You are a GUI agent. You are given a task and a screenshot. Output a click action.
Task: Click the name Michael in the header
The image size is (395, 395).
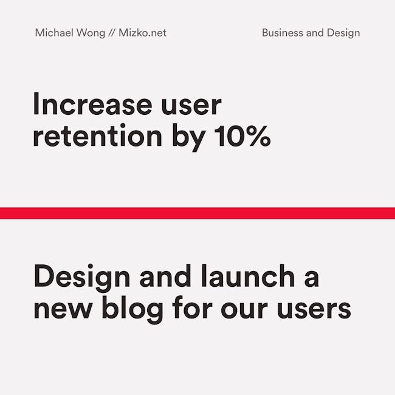coord(54,33)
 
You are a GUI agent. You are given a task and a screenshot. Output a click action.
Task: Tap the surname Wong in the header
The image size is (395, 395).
coord(91,33)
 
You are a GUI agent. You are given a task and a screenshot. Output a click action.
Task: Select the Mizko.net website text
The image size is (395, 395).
coord(142,33)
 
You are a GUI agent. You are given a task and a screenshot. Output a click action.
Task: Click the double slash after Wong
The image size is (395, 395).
coord(112,33)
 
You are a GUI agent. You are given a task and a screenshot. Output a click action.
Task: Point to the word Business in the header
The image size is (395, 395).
coord(283,33)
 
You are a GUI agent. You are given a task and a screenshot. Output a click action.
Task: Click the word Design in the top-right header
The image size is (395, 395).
coord(343,33)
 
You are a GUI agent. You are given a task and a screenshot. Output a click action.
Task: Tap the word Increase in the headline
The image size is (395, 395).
coord(93,104)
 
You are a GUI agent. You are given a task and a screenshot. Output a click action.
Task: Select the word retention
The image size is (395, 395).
coord(97,135)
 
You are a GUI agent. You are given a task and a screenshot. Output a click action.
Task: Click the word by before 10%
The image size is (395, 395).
coord(188,137)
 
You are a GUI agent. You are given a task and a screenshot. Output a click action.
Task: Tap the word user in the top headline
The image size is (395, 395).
coord(191,106)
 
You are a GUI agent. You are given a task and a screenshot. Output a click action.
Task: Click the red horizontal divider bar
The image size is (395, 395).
coord(197,213)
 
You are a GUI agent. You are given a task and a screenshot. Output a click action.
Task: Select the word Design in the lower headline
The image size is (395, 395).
coord(82,278)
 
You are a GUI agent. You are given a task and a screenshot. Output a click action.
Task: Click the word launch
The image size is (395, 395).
coord(248,276)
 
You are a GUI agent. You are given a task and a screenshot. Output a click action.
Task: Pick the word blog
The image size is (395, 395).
coord(132,309)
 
